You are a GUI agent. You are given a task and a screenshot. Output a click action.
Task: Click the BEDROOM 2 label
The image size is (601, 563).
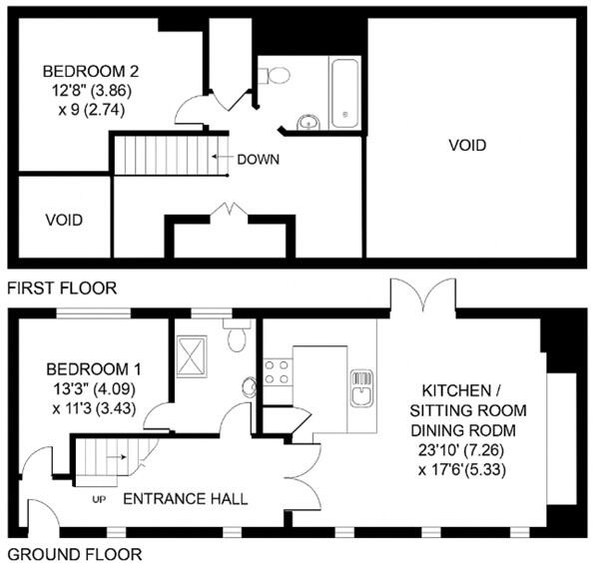89,72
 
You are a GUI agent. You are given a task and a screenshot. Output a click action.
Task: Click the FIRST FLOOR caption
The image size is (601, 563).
61,289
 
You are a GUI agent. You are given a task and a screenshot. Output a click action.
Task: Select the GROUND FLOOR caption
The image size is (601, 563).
74,553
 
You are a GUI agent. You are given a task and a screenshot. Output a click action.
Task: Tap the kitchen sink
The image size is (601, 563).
361,384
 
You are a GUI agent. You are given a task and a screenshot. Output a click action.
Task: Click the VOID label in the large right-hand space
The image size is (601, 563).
466,146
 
